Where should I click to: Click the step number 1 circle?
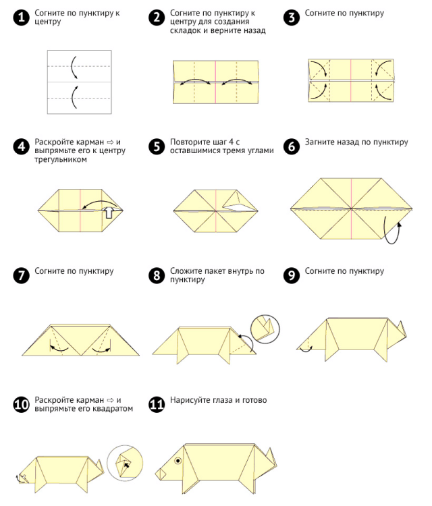22,17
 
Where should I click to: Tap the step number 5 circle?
157,146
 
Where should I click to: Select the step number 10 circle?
22,404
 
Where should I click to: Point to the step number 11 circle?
157,404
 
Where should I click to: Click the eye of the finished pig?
178,461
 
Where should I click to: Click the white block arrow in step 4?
109,212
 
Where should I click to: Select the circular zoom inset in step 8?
265,329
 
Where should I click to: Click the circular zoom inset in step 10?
125,463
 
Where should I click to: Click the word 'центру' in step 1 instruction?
48,22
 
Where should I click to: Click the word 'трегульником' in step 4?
61,159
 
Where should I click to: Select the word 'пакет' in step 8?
216,271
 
